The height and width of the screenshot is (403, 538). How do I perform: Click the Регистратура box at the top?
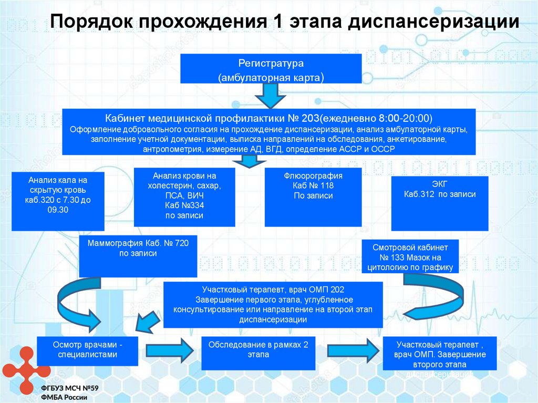[271, 69]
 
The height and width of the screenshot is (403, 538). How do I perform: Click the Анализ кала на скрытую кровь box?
[58, 200]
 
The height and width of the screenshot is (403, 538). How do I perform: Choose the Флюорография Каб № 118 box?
[313, 197]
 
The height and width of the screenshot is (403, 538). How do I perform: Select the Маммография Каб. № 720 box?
[138, 255]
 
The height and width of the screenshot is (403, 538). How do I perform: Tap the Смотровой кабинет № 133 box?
[410, 256]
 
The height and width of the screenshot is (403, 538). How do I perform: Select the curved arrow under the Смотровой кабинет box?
[436, 299]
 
